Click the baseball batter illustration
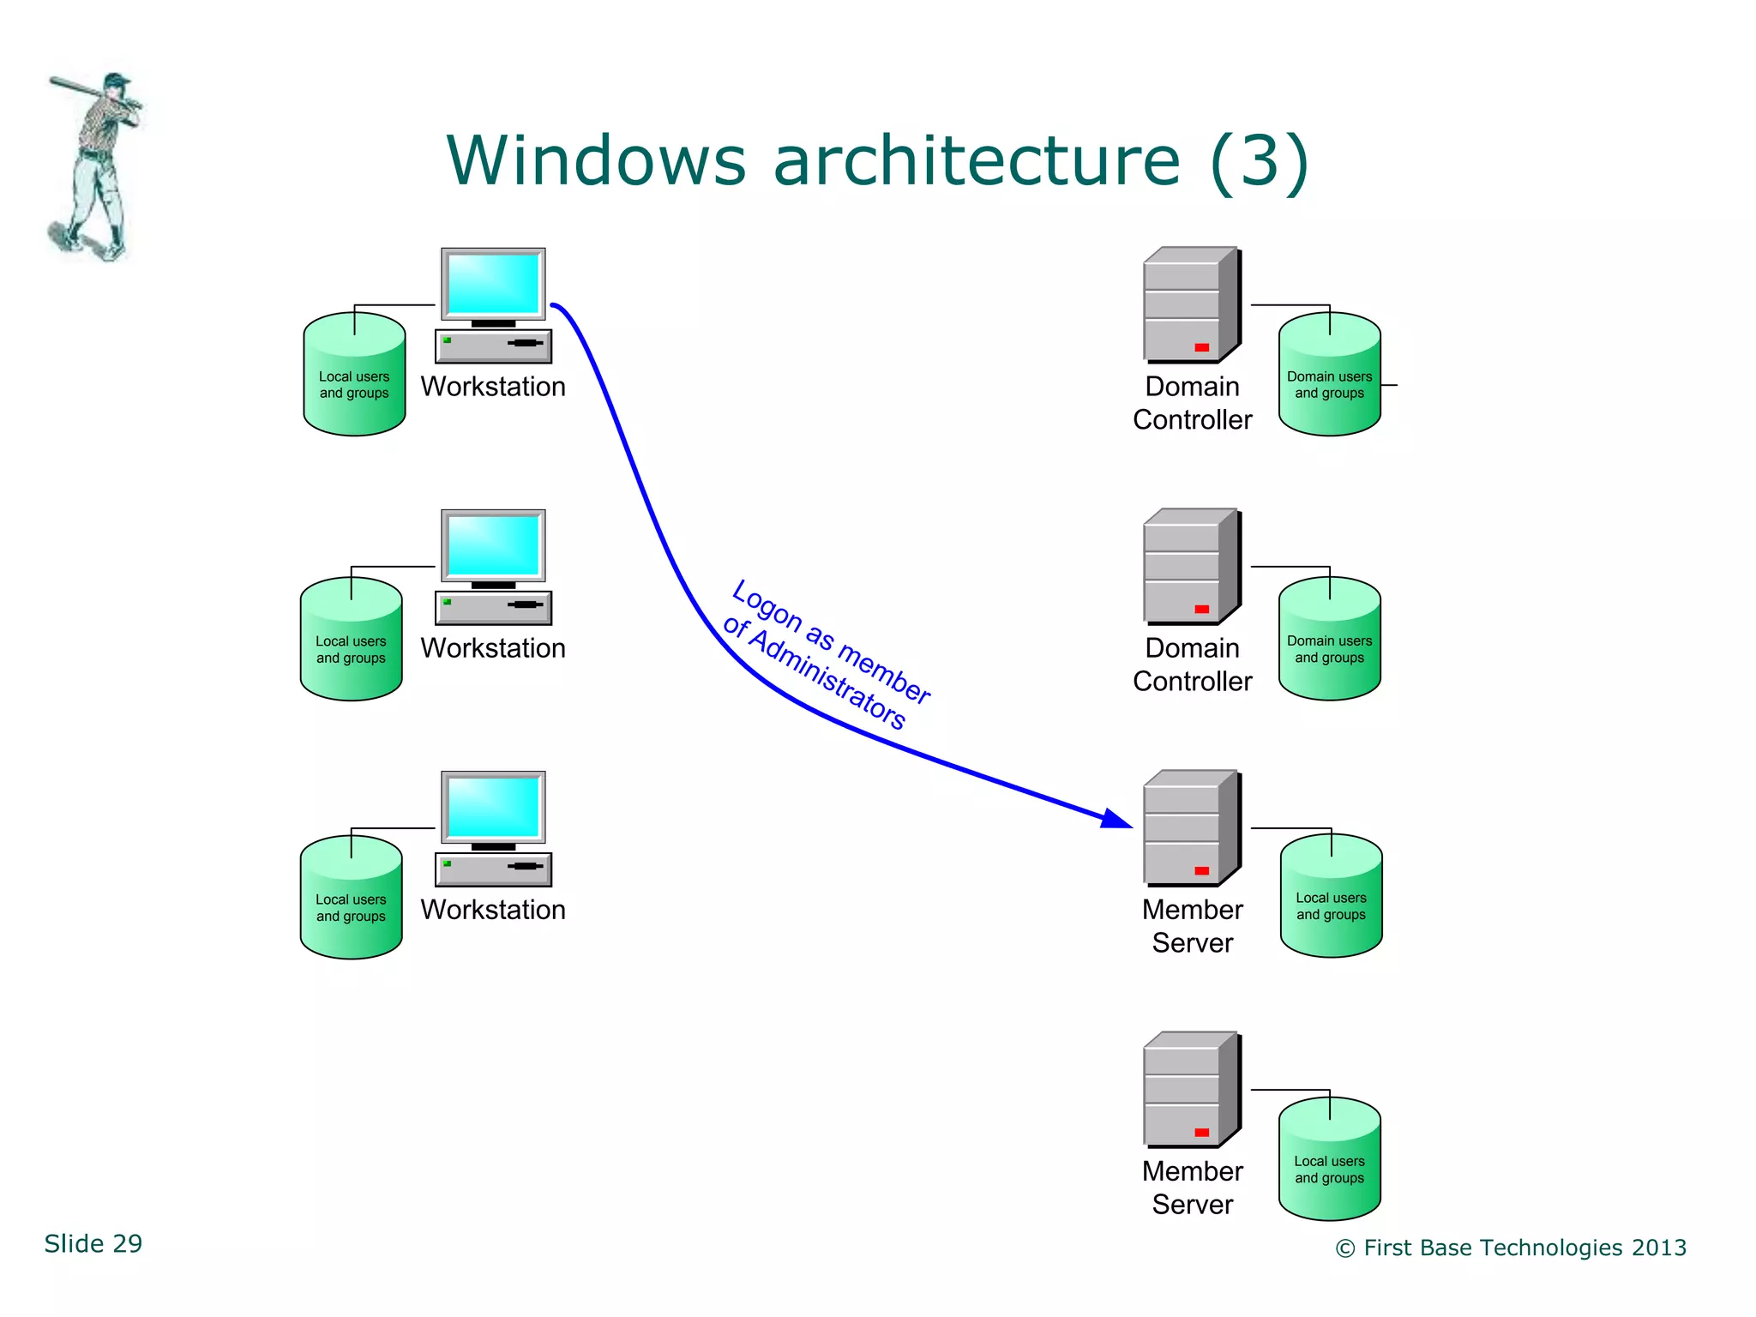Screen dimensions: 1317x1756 tap(94, 167)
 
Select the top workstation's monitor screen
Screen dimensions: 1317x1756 tap(493, 284)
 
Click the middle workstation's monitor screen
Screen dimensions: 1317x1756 tap(493, 545)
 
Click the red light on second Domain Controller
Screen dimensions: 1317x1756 tap(1201, 609)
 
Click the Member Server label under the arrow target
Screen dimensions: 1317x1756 tap(1192, 926)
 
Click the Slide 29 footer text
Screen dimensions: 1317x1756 tap(93, 1243)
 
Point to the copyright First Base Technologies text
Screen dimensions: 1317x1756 tap(1511, 1248)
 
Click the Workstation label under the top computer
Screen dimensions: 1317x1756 tap(493, 387)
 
